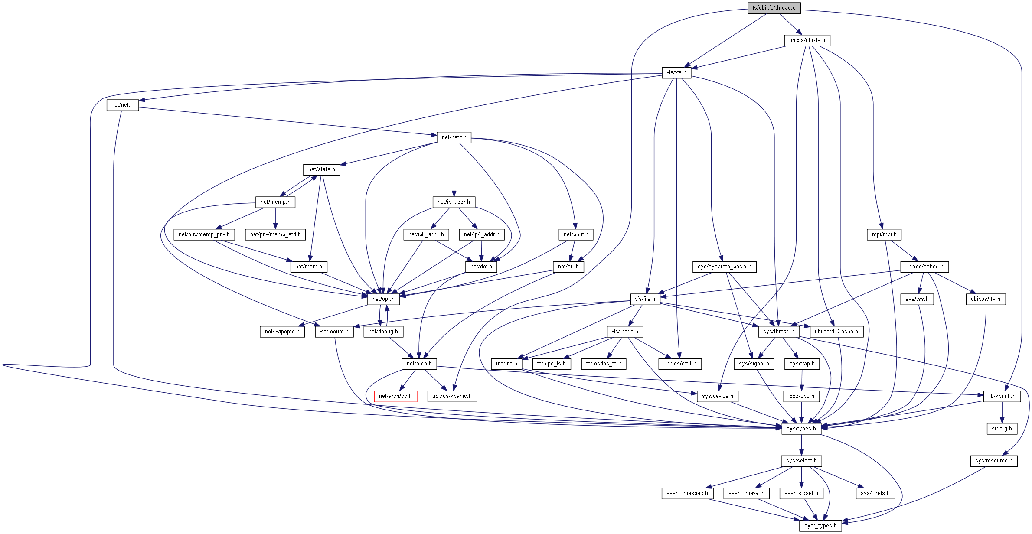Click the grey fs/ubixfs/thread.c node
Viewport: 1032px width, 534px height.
(x=774, y=8)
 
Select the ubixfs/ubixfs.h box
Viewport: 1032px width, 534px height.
(x=807, y=40)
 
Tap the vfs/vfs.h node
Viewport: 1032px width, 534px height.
(x=676, y=72)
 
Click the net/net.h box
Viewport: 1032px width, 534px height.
(x=122, y=105)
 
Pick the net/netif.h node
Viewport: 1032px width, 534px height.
(x=454, y=137)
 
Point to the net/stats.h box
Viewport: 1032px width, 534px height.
(x=321, y=169)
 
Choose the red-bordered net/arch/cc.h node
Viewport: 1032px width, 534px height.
(x=395, y=396)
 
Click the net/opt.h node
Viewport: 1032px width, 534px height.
(x=383, y=299)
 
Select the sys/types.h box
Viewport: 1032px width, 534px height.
(x=801, y=429)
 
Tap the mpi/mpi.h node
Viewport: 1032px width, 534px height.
(x=884, y=234)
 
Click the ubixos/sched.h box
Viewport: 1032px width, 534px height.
(x=924, y=267)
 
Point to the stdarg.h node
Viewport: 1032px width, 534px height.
(x=1001, y=429)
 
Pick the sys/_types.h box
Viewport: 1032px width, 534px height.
(x=820, y=526)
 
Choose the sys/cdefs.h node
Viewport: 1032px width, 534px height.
(x=875, y=493)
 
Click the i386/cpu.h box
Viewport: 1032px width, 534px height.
(x=801, y=396)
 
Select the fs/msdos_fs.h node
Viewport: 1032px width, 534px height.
(x=603, y=364)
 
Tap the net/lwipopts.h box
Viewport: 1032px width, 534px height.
(x=282, y=332)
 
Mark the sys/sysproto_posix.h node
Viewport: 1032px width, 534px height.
(x=724, y=267)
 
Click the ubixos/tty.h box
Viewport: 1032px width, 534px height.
(x=985, y=299)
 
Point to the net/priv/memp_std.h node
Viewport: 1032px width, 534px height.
(x=275, y=234)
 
